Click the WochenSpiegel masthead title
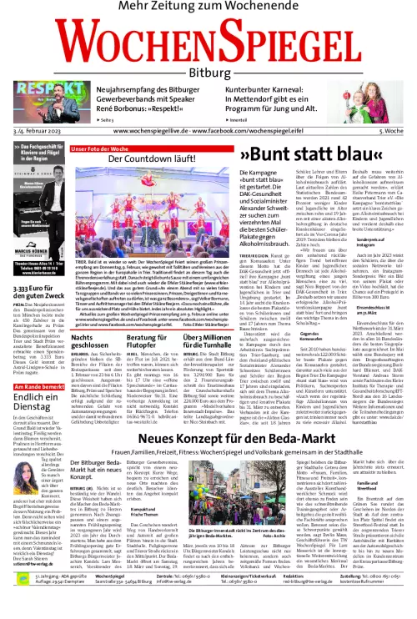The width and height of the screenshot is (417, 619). (208, 41)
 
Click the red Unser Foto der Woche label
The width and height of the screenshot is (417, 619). (99, 148)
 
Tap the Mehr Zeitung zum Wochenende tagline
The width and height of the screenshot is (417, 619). (208, 8)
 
